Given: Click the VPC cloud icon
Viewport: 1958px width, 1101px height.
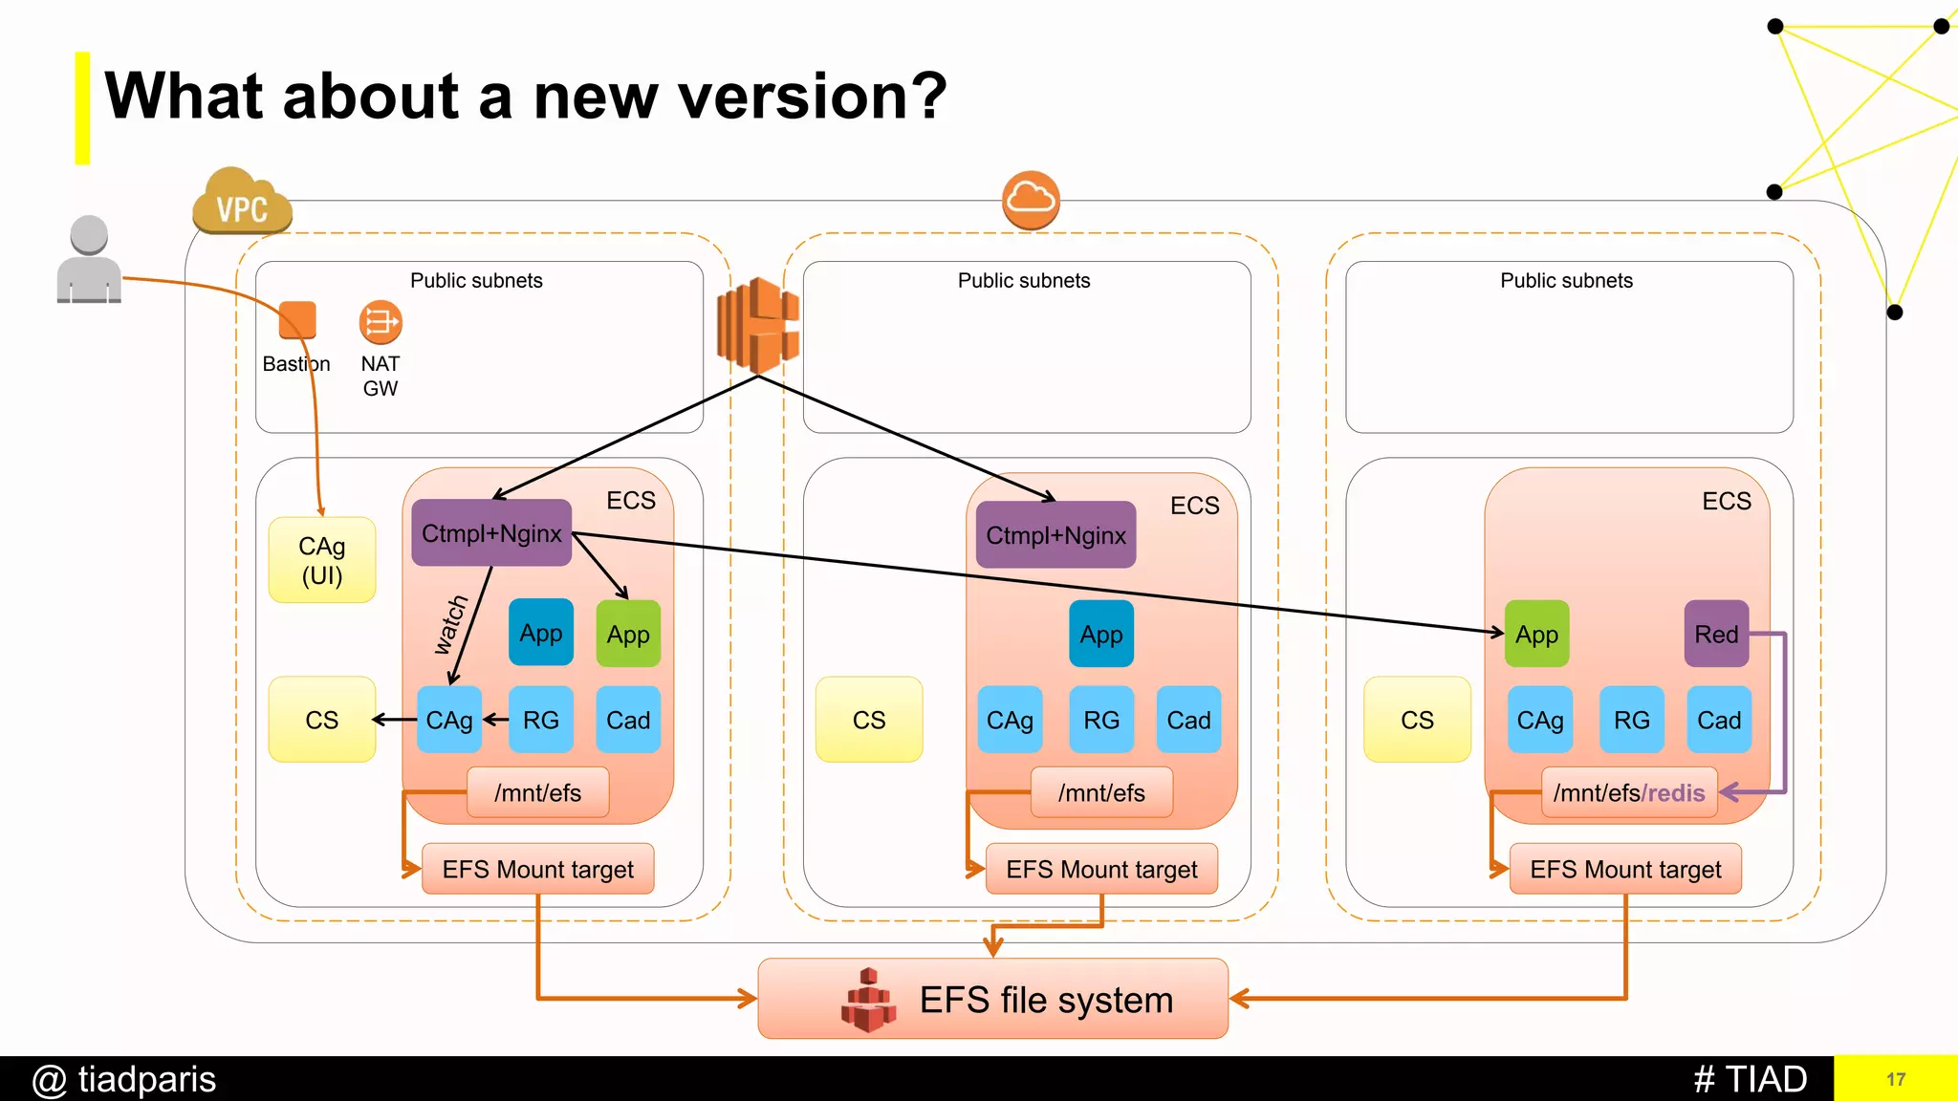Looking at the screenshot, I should click(242, 203).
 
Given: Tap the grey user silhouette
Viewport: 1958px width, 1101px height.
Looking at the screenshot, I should click(89, 260).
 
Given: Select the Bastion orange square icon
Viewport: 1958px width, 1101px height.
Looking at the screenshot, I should click(297, 320).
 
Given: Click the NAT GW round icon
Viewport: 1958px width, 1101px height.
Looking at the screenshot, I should click(381, 322).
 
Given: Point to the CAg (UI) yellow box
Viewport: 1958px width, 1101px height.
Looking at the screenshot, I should click(322, 560).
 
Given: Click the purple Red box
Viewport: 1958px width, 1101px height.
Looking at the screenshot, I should click(1716, 634).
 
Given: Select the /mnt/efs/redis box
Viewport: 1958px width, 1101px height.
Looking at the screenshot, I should click(1629, 792).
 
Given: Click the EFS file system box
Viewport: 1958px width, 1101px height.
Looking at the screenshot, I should click(992, 999).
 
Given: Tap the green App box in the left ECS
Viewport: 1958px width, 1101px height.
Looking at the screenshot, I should click(628, 634).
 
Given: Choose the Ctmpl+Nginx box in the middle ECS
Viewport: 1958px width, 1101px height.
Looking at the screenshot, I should click(1055, 535).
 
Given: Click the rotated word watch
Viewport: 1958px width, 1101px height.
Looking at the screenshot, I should click(449, 625).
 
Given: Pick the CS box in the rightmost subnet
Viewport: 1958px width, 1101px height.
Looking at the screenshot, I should click(1417, 720).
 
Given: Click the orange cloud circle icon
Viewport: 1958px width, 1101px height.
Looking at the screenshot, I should click(1031, 200).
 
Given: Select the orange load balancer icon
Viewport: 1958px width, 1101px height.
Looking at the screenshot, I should click(758, 325).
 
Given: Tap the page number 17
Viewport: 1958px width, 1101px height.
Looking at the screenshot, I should click(1896, 1079).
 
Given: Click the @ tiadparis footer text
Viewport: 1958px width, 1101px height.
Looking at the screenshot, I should click(124, 1079).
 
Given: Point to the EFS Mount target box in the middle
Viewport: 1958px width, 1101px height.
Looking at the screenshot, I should click(1101, 869).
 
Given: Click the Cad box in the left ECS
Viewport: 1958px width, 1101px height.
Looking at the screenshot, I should click(628, 720).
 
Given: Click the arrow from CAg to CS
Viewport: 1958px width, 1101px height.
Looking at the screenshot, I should click(394, 720).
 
